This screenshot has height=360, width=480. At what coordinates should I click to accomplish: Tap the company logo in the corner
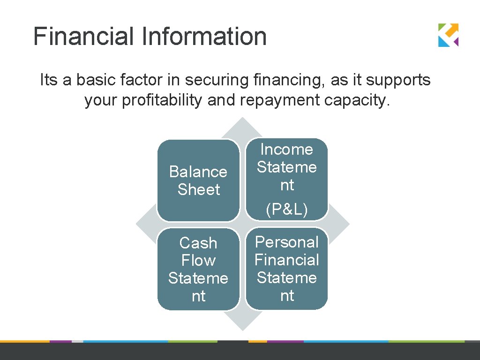point(448,35)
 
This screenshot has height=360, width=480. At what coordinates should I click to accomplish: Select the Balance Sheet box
point(198,180)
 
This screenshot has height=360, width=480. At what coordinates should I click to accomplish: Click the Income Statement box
point(286,179)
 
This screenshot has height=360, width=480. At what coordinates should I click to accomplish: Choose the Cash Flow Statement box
point(198,269)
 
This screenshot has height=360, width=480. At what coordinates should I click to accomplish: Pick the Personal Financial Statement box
point(286,269)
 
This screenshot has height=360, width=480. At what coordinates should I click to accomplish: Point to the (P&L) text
point(286,210)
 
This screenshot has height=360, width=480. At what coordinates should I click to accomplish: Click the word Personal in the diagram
point(286,242)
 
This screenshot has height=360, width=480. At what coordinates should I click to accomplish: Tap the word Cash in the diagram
point(198,243)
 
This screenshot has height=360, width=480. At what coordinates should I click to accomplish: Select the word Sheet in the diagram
point(199,189)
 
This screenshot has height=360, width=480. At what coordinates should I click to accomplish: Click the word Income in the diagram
point(286,149)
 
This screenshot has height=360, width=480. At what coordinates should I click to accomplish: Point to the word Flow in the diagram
point(198,261)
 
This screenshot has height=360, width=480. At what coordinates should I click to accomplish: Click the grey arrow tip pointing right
point(341,225)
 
